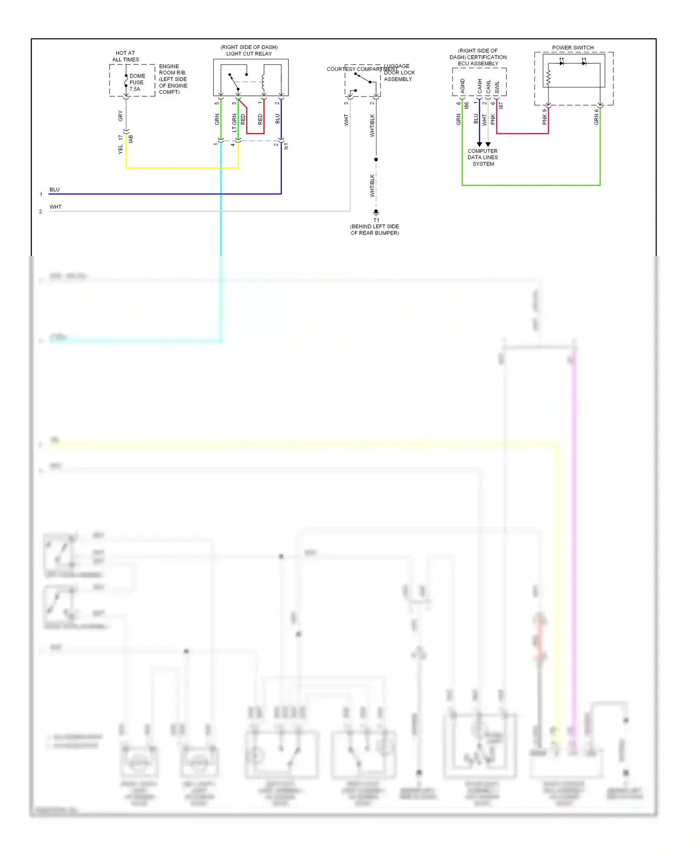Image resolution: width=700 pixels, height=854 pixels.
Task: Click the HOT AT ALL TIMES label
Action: tap(126, 57)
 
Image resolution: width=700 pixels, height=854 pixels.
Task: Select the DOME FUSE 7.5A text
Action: tap(137, 82)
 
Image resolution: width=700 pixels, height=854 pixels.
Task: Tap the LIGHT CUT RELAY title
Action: tap(249, 54)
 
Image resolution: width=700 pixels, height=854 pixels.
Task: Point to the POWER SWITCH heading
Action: tap(573, 48)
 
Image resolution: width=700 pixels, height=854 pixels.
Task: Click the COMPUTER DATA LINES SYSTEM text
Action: tap(483, 157)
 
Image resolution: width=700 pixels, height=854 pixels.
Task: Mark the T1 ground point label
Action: tap(376, 220)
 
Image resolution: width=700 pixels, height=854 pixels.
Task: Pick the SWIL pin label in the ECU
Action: tap(497, 86)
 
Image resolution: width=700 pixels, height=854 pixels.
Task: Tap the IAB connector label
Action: tap(131, 139)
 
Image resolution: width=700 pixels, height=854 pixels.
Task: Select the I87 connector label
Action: tap(501, 106)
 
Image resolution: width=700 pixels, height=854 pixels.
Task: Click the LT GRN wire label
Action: tap(234, 123)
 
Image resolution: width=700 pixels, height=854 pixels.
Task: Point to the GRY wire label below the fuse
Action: tap(120, 116)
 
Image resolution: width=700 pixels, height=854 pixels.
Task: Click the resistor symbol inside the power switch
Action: tap(548, 78)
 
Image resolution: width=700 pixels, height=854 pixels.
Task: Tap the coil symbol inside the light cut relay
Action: tap(263, 82)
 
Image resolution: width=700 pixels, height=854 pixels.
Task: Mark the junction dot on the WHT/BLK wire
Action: tap(376, 159)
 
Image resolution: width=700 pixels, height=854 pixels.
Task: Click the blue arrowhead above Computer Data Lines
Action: tap(479, 144)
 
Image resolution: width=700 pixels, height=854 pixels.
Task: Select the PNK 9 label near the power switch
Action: tap(545, 117)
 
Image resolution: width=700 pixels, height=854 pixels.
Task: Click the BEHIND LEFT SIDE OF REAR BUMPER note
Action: tap(375, 229)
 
